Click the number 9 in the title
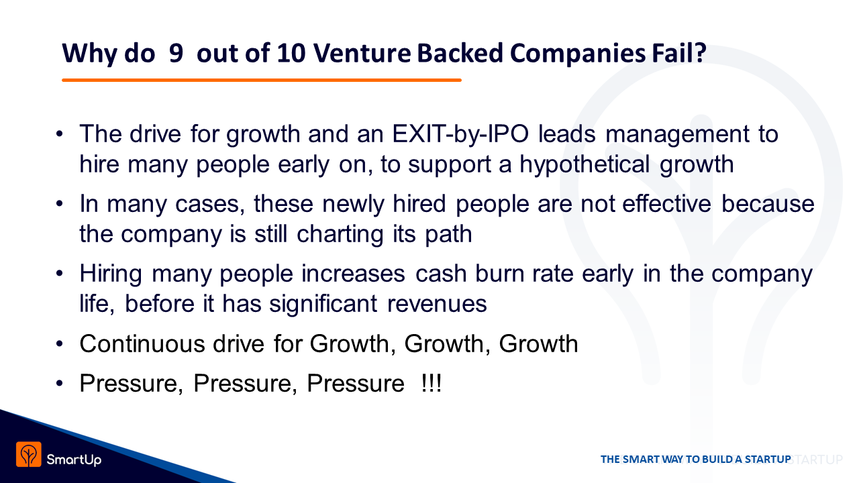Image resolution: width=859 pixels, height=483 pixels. tap(176, 53)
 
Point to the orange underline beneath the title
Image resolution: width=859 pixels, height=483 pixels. tap(262, 80)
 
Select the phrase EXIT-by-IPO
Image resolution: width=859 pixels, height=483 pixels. tap(460, 134)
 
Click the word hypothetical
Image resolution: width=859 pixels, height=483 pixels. tap(585, 165)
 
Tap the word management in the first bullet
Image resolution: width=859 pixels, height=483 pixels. tap(677, 135)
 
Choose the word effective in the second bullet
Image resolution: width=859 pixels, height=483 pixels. tap(666, 203)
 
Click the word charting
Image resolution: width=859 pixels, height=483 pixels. tap(340, 235)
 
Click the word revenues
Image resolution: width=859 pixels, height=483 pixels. tap(437, 305)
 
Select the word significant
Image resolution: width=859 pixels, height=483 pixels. tap(323, 305)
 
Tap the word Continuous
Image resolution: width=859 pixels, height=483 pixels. tap(142, 343)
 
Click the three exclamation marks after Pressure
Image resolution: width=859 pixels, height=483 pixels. tap(431, 383)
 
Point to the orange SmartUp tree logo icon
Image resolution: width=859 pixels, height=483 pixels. tap(29, 454)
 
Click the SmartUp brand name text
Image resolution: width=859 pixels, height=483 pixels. tap(74, 460)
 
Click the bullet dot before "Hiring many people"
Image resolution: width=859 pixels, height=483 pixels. tap(59, 274)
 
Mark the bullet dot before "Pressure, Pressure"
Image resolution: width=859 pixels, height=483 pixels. tap(59, 383)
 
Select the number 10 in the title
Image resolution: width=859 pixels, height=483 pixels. tap(291, 53)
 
